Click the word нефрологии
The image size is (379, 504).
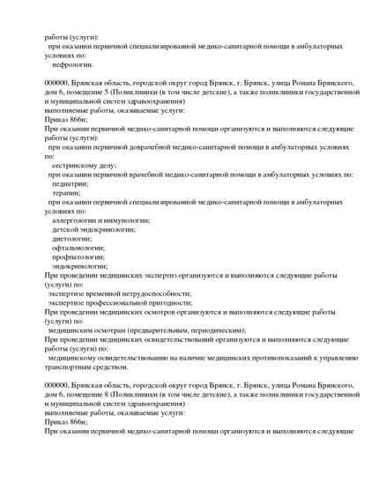point(72,64)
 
